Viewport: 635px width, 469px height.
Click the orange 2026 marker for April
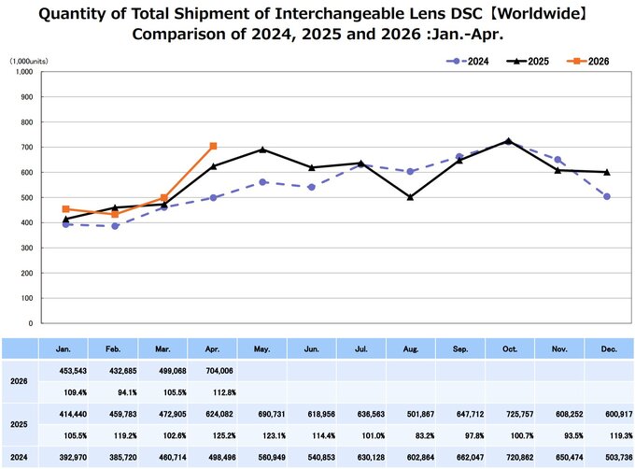pos(214,146)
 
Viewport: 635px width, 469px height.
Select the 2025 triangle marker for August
pos(410,197)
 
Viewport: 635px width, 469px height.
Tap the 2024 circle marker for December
pos(607,196)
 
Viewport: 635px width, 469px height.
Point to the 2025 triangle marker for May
pos(262,149)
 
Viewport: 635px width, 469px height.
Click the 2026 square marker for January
pos(66,209)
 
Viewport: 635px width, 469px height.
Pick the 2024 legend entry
pos(467,61)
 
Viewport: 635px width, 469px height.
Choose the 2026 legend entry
pos(587,61)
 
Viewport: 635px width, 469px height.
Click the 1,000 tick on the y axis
pos(24,72)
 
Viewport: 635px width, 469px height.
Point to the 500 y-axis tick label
pos(28,198)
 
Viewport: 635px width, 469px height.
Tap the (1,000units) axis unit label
pos(29,61)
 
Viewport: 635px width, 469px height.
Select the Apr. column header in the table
pos(212,349)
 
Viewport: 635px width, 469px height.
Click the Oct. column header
pos(510,349)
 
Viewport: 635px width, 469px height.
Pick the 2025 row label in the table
pos(19,424)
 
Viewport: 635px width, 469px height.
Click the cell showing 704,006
pos(219,371)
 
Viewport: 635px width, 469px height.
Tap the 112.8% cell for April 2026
pos(224,392)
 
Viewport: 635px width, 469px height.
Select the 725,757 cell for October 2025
pos(519,414)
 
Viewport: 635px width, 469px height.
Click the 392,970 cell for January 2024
pos(73,457)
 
